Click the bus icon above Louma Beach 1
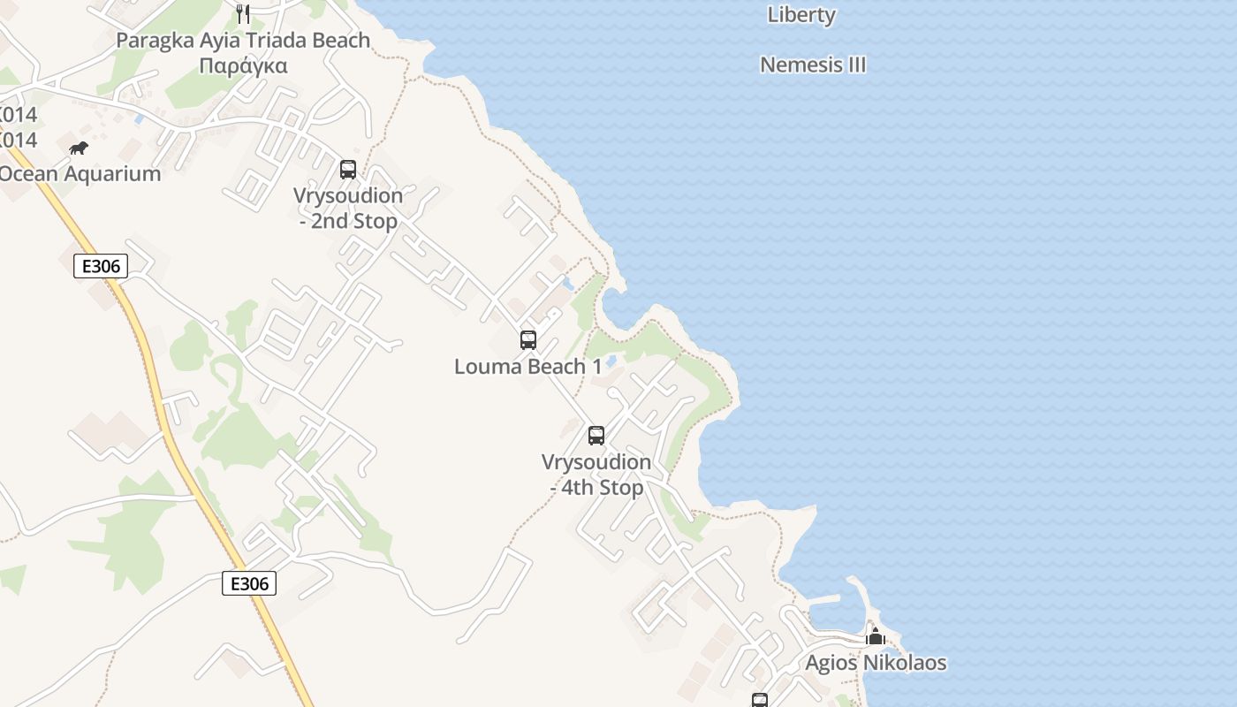pyautogui.click(x=527, y=339)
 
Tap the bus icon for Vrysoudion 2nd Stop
pyautogui.click(x=348, y=169)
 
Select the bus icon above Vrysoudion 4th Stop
pyautogui.click(x=596, y=435)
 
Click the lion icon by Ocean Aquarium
pyautogui.click(x=79, y=148)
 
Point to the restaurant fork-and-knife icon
pyautogui.click(x=243, y=13)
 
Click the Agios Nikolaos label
pyautogui.click(x=876, y=663)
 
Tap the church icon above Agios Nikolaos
pyautogui.click(x=876, y=637)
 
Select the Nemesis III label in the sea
pyautogui.click(x=813, y=65)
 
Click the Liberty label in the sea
pyautogui.click(x=801, y=15)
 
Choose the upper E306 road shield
pyautogui.click(x=101, y=266)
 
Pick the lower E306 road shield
pyautogui.click(x=249, y=583)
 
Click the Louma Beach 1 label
pyautogui.click(x=527, y=366)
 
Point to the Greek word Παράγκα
pyautogui.click(x=243, y=66)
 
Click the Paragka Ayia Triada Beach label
pyautogui.click(x=243, y=41)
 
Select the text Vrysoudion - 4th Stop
pyautogui.click(x=596, y=475)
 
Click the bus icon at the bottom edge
pyautogui.click(x=759, y=701)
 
